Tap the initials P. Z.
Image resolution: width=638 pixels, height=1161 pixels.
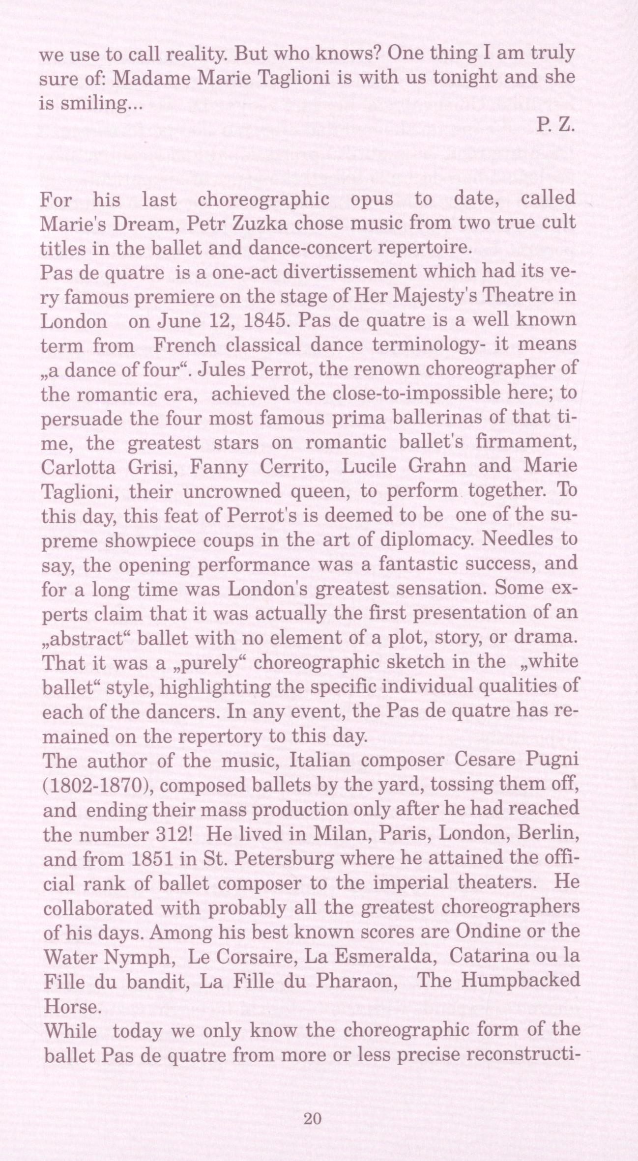[555, 125]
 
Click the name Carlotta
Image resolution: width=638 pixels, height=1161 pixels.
[79, 467]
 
